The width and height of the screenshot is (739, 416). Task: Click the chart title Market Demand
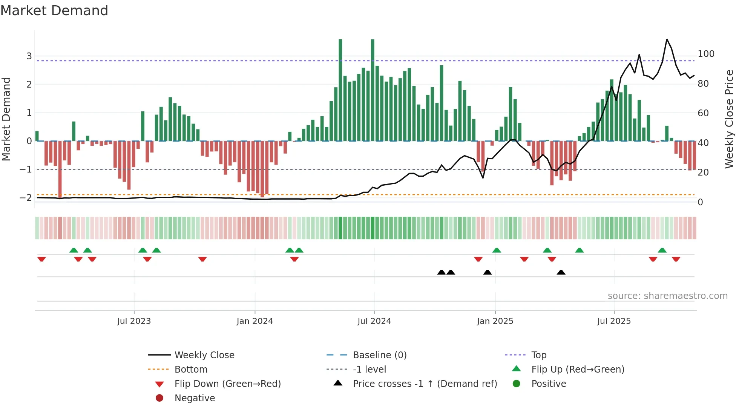[x=54, y=11]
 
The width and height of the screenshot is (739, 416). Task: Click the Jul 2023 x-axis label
[x=134, y=321]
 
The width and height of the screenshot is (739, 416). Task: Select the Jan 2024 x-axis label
[x=255, y=321]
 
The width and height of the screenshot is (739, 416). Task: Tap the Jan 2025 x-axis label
[x=495, y=321]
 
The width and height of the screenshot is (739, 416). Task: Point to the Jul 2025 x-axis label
[x=614, y=321]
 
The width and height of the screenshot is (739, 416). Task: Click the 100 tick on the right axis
[x=706, y=54]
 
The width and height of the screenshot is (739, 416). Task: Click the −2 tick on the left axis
[x=26, y=198]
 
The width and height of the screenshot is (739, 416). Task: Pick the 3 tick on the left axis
[x=29, y=56]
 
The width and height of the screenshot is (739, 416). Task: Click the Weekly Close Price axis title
[x=729, y=119]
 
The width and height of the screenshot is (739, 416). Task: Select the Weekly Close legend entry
[x=204, y=355]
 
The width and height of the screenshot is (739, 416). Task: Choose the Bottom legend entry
[x=191, y=370]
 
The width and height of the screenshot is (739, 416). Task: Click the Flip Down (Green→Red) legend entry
[x=227, y=384]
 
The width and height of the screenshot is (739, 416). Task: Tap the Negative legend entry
[x=195, y=398]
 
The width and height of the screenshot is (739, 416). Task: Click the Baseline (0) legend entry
[x=379, y=355]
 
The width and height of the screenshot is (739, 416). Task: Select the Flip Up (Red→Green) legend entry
[x=578, y=370]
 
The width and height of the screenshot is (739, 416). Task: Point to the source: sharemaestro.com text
[x=667, y=296]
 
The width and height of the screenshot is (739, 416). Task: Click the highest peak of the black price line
[x=667, y=39]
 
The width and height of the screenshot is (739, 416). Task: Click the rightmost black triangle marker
[x=561, y=272]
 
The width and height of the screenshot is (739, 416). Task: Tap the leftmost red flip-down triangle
[x=41, y=259]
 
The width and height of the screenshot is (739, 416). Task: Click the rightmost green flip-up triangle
[x=662, y=250]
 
